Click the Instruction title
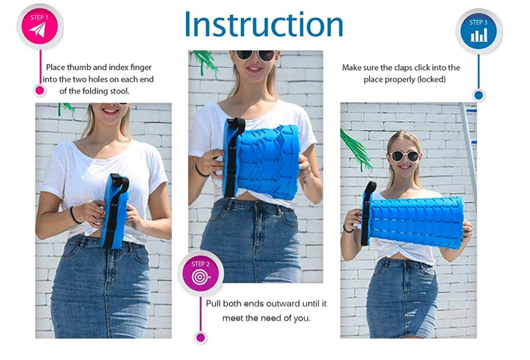[x=263, y=24]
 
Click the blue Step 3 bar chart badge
[x=478, y=31]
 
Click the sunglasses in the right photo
[x=404, y=155]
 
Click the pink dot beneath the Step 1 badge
[x=39, y=91]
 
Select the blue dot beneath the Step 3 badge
[x=478, y=95]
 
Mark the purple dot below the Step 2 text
[x=201, y=338]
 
